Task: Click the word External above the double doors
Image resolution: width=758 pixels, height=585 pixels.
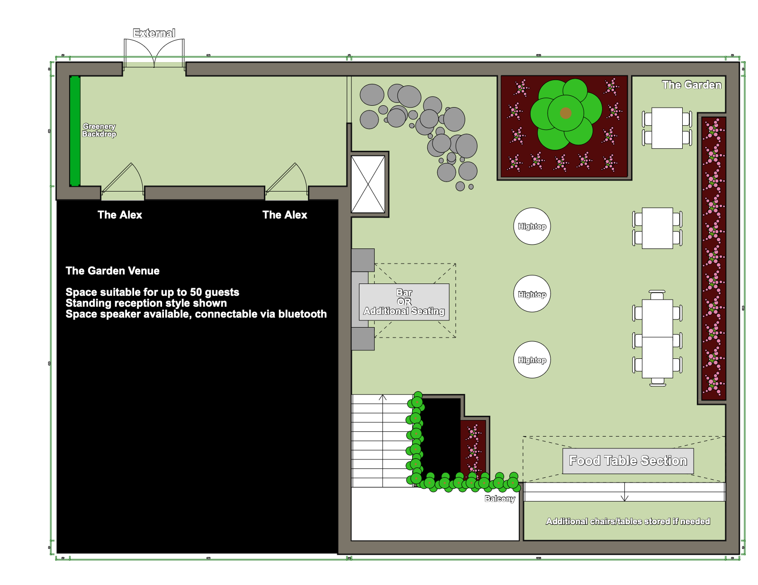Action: pyautogui.click(x=154, y=33)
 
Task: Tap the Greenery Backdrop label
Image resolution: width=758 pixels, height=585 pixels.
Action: pyautogui.click(x=99, y=130)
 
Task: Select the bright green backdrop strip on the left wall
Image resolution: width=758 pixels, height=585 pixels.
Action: pyautogui.click(x=75, y=131)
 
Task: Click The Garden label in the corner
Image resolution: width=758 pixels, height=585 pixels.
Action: pyautogui.click(x=691, y=85)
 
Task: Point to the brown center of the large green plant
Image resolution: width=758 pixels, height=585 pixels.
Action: pyautogui.click(x=566, y=113)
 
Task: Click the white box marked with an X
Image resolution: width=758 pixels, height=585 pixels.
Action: pyautogui.click(x=368, y=184)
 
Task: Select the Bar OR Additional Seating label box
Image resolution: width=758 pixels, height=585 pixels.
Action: pyautogui.click(x=404, y=302)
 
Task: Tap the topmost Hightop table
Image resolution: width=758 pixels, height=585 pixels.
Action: pyautogui.click(x=532, y=226)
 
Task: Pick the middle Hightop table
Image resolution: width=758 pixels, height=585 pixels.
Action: pyautogui.click(x=532, y=293)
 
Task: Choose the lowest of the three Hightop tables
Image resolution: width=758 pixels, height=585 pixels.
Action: pyautogui.click(x=532, y=359)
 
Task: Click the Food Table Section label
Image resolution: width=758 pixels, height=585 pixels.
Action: pyautogui.click(x=628, y=461)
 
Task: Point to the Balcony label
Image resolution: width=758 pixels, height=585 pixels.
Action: pyautogui.click(x=500, y=499)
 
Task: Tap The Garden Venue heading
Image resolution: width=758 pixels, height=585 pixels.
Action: pyautogui.click(x=112, y=271)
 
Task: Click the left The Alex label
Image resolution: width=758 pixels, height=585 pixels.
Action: pyautogui.click(x=120, y=215)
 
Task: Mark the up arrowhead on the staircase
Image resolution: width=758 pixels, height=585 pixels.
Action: pyautogui.click(x=383, y=397)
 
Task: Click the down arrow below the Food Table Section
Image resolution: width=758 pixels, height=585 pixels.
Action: pyautogui.click(x=624, y=492)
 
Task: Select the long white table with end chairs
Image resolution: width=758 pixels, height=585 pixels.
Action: pyautogui.click(x=657, y=338)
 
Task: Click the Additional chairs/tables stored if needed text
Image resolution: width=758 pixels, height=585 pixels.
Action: pyautogui.click(x=628, y=521)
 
